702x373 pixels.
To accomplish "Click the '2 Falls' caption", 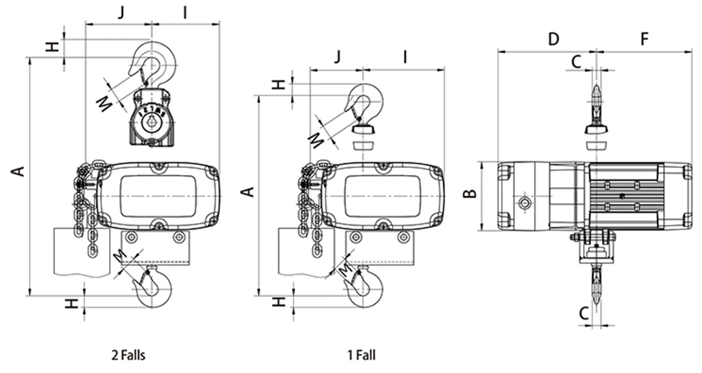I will click(128, 356).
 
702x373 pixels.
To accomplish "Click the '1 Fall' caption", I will click(362, 356).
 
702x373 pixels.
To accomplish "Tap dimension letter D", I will click(553, 39).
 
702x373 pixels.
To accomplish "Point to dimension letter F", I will click(645, 39).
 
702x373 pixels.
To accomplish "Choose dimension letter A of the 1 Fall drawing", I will click(248, 191).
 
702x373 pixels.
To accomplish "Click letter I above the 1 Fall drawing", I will click(405, 57).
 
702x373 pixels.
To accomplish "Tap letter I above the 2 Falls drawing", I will click(185, 12).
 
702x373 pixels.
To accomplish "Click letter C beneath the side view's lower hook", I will click(582, 313).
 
